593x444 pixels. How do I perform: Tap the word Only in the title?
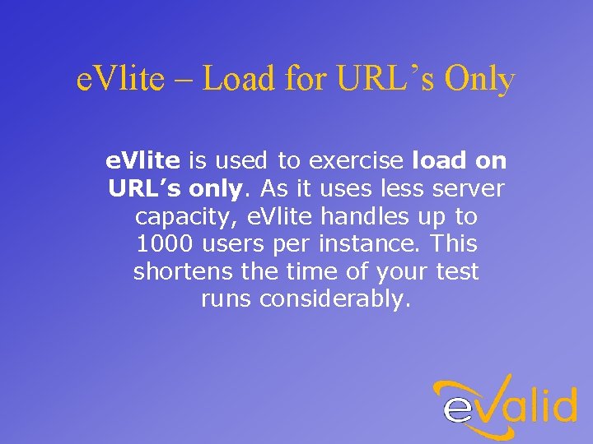click(480, 80)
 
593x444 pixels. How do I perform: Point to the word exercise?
click(357, 160)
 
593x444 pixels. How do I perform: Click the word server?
click(469, 188)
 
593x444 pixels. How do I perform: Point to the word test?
click(456, 271)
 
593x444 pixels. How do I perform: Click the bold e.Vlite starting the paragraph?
click(143, 160)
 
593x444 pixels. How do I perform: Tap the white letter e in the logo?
click(460, 408)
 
